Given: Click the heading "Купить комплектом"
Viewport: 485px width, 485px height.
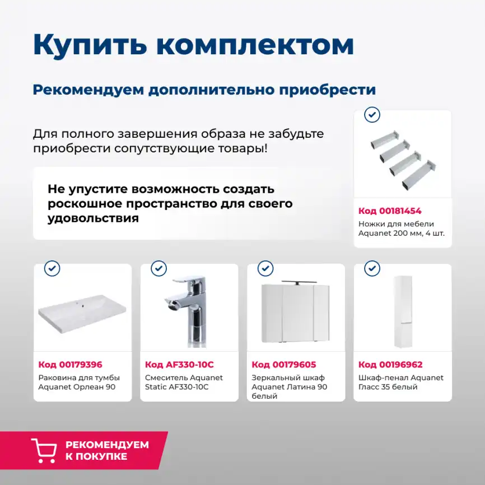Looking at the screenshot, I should (x=193, y=45).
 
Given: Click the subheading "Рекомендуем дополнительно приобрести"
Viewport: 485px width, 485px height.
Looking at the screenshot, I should (x=204, y=90).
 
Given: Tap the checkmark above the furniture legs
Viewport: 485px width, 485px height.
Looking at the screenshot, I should (x=372, y=115).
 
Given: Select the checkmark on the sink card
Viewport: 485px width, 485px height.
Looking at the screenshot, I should (x=52, y=269).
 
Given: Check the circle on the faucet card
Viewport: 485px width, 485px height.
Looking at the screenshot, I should (x=158, y=269).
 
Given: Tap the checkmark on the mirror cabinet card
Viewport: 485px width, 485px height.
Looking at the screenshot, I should (x=265, y=269).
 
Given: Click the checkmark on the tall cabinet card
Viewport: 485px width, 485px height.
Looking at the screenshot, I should (x=372, y=269).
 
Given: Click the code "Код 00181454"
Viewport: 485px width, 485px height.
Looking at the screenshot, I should (x=390, y=211).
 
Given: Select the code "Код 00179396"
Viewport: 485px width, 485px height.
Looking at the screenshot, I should (x=70, y=365).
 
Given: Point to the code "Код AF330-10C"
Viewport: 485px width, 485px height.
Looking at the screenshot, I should (x=179, y=365).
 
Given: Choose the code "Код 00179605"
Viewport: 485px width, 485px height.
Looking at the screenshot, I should (x=284, y=365).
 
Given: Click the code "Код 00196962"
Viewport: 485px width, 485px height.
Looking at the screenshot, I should (x=390, y=365).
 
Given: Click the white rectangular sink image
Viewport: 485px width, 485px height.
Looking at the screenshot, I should (x=82, y=314).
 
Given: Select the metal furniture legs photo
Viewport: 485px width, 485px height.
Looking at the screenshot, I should (x=403, y=160).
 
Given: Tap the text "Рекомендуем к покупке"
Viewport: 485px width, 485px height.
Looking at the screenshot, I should (x=107, y=450).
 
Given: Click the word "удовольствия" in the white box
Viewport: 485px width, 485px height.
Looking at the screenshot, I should (x=93, y=218).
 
